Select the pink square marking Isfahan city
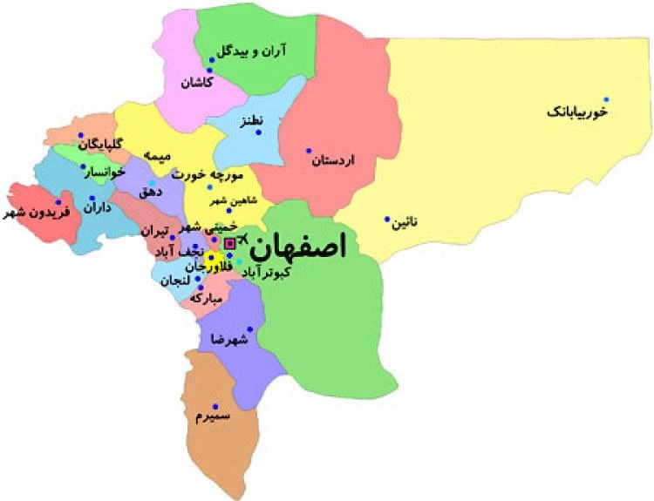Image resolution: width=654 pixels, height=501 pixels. (x=230, y=243)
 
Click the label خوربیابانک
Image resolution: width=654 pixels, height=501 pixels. (x=576, y=112)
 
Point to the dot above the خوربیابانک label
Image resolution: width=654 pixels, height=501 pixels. (x=607, y=99)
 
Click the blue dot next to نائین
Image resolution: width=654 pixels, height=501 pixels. (x=387, y=220)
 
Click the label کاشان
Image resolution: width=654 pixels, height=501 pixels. (x=197, y=84)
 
